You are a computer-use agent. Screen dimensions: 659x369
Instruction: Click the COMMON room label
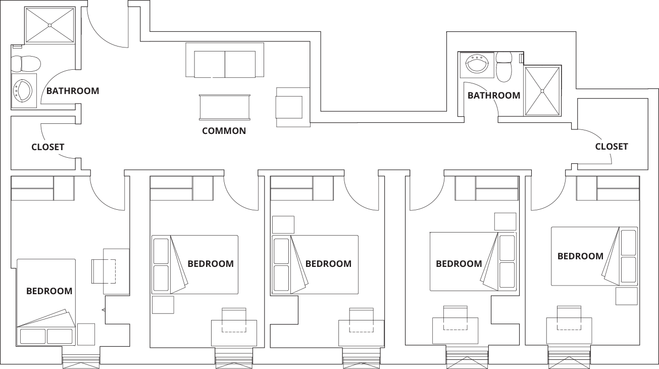click(x=224, y=131)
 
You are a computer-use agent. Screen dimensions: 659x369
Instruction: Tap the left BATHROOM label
click(x=73, y=90)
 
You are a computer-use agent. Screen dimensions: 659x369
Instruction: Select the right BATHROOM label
click(x=494, y=96)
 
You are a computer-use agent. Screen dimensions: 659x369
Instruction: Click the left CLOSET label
click(x=47, y=147)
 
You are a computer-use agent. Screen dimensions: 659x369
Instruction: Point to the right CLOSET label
click(x=612, y=147)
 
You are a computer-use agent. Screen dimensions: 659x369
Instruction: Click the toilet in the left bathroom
click(x=26, y=64)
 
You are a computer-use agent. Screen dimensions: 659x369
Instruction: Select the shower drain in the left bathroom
click(x=49, y=25)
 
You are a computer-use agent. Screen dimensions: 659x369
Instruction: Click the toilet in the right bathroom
click(x=504, y=67)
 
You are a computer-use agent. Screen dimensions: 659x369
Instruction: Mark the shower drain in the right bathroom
click(x=542, y=91)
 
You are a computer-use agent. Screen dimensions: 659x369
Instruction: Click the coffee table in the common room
click(x=225, y=107)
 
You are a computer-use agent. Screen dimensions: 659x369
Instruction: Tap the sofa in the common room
click(x=225, y=60)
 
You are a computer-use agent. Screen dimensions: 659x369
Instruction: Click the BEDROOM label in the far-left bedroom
click(x=49, y=291)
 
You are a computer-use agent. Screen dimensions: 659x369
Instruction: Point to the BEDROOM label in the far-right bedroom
click(x=580, y=256)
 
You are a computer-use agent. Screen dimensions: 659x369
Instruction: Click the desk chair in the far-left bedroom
click(x=103, y=271)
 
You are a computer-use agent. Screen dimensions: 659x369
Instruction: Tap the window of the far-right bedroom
click(x=569, y=357)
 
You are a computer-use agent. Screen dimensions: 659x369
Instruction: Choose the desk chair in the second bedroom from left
click(x=234, y=320)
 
